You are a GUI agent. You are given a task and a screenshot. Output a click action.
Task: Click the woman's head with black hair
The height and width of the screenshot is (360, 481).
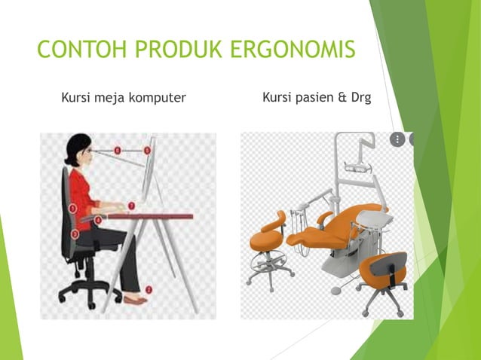[77, 151]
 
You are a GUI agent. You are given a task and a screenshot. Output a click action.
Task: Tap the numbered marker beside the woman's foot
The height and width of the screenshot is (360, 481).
[149, 289]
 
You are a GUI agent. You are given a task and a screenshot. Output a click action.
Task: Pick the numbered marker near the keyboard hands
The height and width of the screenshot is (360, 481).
[131, 204]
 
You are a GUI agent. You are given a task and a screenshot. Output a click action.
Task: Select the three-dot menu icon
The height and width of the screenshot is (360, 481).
[397, 139]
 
